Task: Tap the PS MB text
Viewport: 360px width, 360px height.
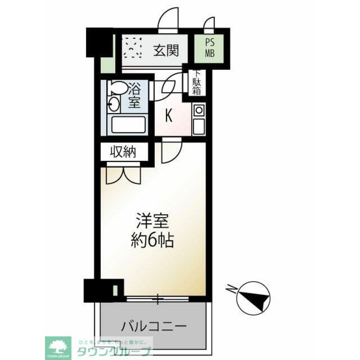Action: coord(210,48)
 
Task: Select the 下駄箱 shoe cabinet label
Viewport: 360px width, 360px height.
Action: coord(196,84)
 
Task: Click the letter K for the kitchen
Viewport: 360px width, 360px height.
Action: coord(168,116)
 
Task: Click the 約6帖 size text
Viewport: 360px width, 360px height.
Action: coord(152,240)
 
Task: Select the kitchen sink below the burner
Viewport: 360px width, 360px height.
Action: coord(198,126)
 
